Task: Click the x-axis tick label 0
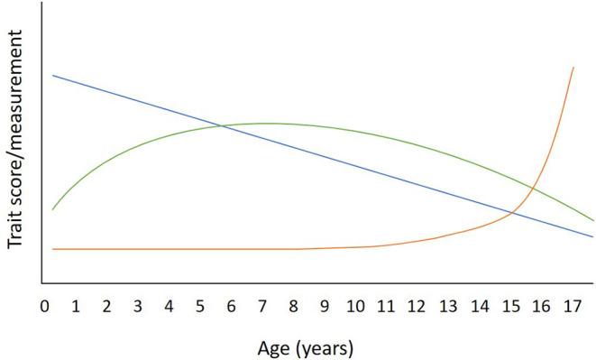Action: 44,307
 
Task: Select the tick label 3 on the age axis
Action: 137,307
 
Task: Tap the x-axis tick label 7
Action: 261,307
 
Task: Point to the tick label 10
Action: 354,307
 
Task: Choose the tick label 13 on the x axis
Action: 448,307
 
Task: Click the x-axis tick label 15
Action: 510,307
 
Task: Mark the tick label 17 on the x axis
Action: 573,307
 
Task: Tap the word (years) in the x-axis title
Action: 329,346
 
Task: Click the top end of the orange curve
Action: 573,67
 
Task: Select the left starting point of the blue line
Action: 53,75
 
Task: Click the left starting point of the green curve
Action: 53,209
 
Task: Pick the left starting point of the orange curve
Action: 53,248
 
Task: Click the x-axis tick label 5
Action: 199,307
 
